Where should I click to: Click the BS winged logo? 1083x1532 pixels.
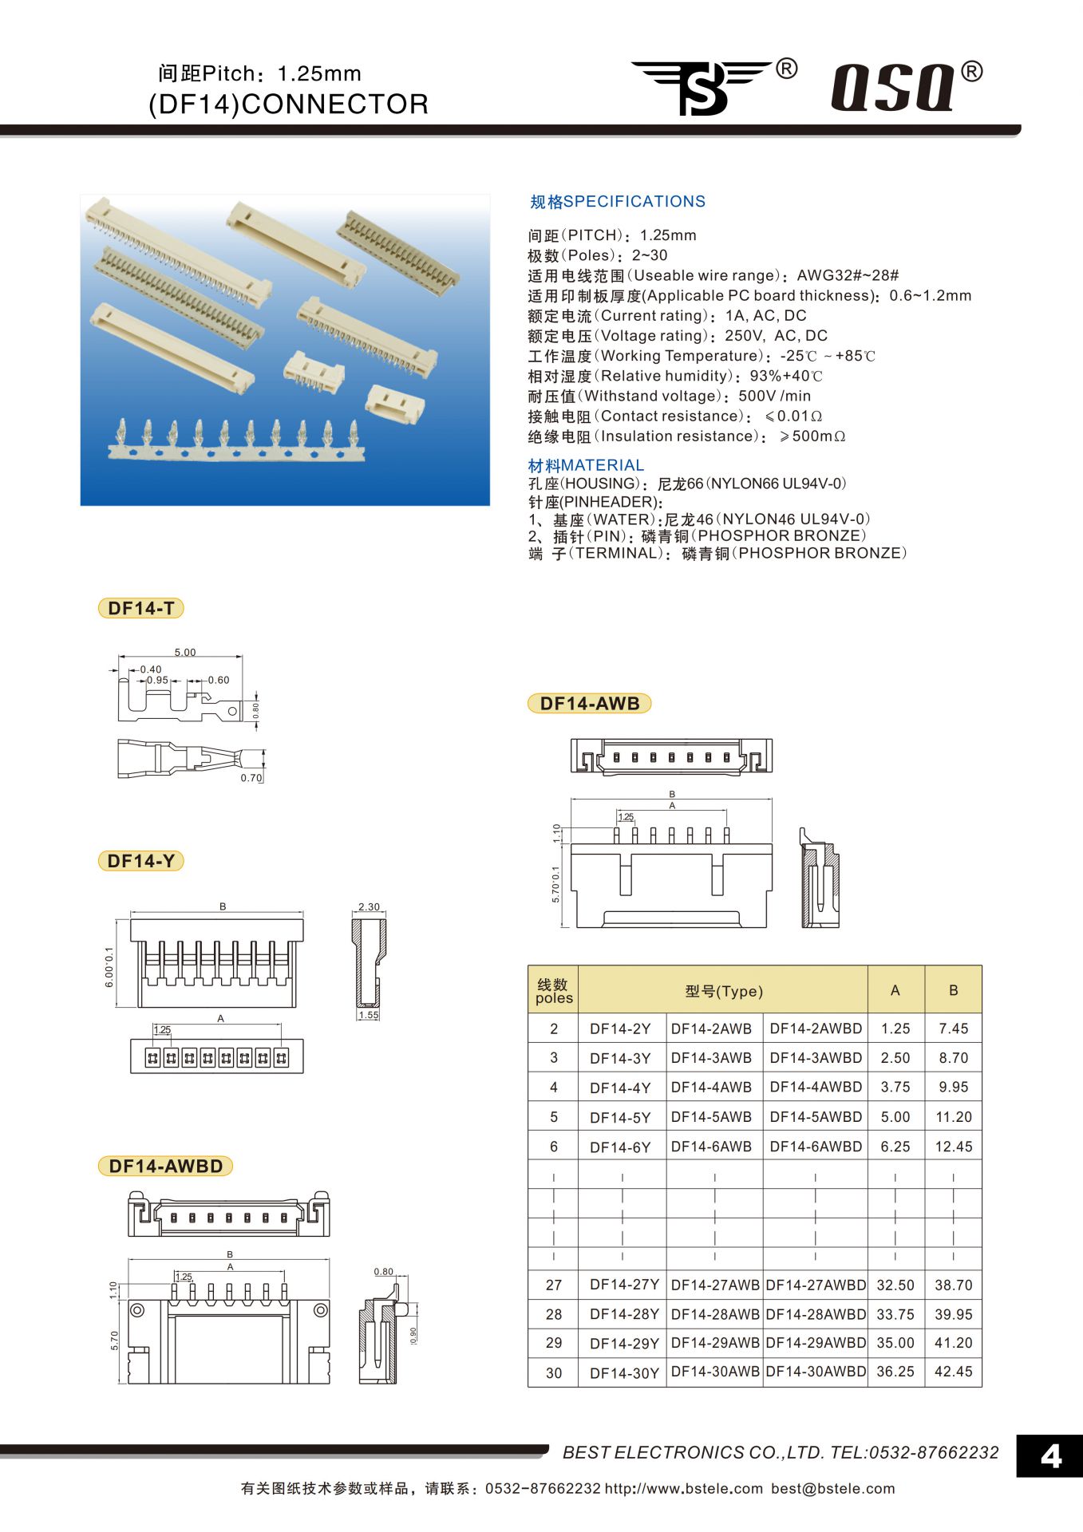[x=702, y=87]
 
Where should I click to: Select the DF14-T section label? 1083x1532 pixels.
[x=140, y=608]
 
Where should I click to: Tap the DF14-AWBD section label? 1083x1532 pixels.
[x=165, y=1166]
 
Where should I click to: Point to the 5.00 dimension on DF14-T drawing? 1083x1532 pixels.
[x=185, y=652]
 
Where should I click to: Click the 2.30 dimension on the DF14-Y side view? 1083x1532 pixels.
[x=369, y=906]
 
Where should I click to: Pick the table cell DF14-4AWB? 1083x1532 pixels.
[x=711, y=1087]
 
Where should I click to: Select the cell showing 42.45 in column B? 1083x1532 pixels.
[x=953, y=1372]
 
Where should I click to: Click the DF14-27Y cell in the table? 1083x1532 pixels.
[x=623, y=1285]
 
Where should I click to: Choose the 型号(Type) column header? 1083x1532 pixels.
[x=723, y=991]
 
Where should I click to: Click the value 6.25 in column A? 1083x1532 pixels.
[x=895, y=1147]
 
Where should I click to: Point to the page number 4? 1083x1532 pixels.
[x=1050, y=1457]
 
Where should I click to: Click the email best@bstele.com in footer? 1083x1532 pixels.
[x=832, y=1489]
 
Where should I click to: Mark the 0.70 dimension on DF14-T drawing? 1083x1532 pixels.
[x=251, y=778]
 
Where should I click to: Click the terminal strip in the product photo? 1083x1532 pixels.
[x=236, y=443]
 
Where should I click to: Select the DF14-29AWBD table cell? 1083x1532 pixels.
[x=815, y=1343]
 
